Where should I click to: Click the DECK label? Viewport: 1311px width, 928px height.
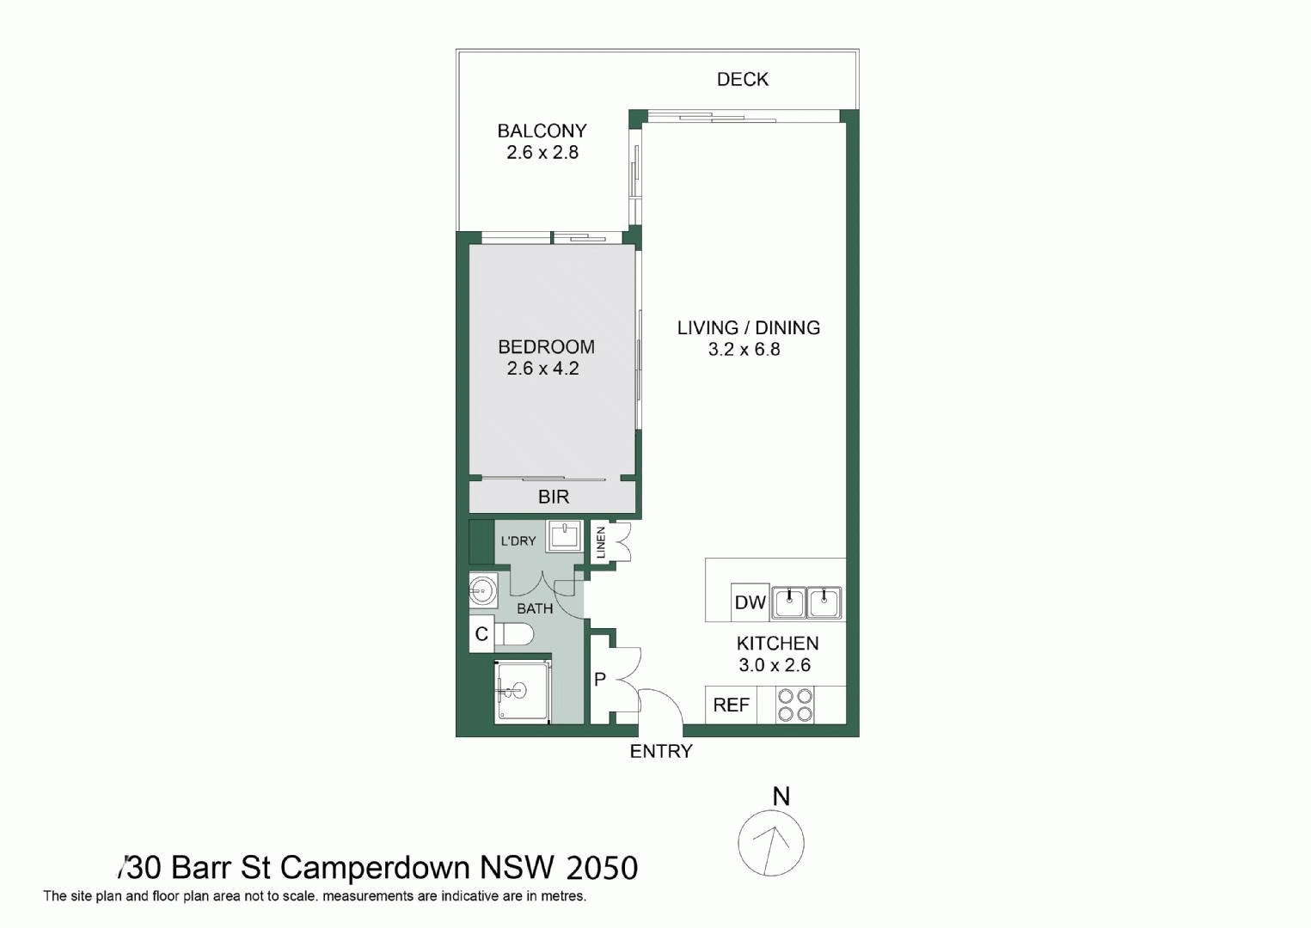[x=742, y=79]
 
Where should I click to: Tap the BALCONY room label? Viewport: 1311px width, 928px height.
[x=542, y=131]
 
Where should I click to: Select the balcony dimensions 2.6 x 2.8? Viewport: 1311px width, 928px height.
[x=542, y=153]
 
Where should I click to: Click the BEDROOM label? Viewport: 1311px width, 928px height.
[x=546, y=347]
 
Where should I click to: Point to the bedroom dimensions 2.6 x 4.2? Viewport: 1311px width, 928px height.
[x=542, y=369]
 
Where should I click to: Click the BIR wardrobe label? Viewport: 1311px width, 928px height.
[x=554, y=497]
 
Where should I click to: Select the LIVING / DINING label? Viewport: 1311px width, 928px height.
[x=748, y=327]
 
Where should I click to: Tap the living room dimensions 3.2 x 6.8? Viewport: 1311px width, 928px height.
[x=744, y=349]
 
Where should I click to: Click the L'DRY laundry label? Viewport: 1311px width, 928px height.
[x=518, y=541]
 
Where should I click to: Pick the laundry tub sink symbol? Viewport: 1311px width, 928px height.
[x=564, y=536]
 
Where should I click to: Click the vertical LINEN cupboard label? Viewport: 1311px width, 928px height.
[x=601, y=542]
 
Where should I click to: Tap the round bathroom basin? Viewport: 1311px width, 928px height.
[x=482, y=590]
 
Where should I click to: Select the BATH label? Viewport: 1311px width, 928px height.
[x=535, y=608]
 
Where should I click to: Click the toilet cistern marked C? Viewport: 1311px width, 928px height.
[x=481, y=634]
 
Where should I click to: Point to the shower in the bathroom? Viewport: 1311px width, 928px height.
[x=522, y=691]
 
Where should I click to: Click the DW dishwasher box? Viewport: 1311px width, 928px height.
[x=750, y=602]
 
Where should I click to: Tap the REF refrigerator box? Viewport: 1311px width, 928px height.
[x=731, y=705]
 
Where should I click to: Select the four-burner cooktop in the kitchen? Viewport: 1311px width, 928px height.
[x=794, y=705]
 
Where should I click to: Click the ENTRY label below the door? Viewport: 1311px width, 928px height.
[x=660, y=751]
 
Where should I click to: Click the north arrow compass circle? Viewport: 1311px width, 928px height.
[x=771, y=843]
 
